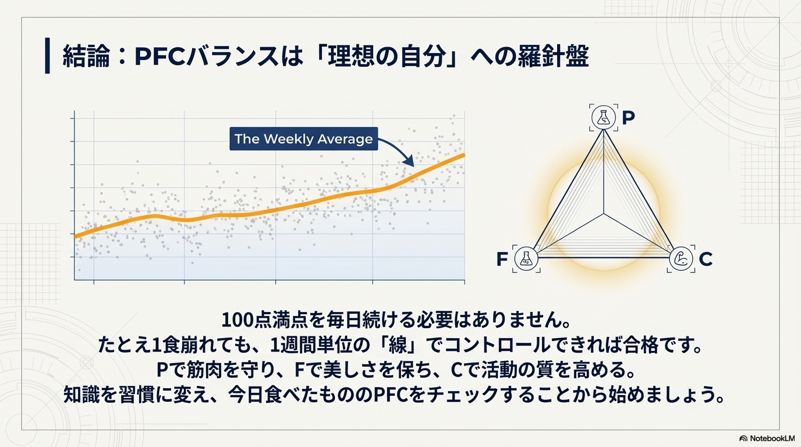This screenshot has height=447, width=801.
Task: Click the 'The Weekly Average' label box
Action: click(304, 139)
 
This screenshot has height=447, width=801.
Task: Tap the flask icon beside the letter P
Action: click(604, 118)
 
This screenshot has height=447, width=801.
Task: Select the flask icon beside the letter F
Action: click(526, 258)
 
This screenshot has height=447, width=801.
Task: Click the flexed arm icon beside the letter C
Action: click(681, 258)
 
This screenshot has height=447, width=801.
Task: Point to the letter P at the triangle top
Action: click(629, 118)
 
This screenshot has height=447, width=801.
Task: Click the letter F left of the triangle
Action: click(502, 259)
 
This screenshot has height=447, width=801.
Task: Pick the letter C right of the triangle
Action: click(706, 259)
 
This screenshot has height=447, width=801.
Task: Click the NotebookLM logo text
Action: click(772, 438)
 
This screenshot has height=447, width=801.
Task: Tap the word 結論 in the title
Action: click(86, 56)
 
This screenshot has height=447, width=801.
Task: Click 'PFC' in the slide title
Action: click(160, 56)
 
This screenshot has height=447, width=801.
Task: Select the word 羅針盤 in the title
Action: click(553, 56)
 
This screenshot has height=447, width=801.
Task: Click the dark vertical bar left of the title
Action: click(47, 55)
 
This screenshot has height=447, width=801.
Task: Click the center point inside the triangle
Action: click(604, 214)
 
